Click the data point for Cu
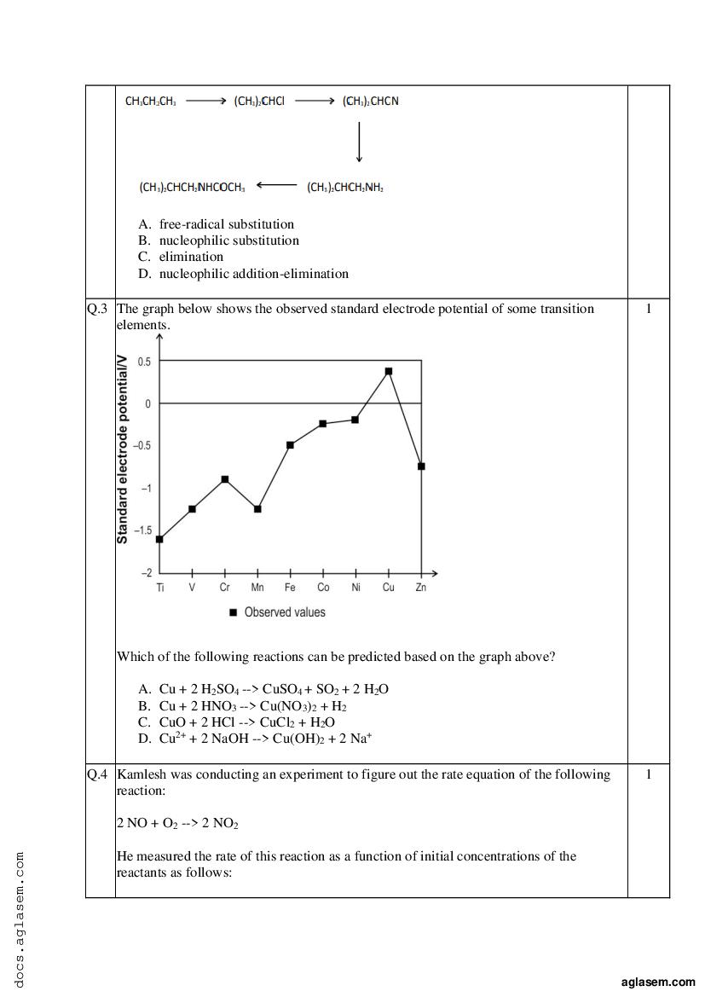[x=389, y=371]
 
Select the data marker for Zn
[x=421, y=467]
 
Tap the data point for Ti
[x=159, y=539]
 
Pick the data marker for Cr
[x=225, y=479]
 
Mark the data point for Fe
[x=291, y=444]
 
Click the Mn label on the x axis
[x=257, y=588]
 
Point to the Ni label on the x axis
[x=355, y=588]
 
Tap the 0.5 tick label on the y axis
[x=143, y=362]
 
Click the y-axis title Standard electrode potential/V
[x=123, y=450]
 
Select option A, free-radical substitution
[x=226, y=224]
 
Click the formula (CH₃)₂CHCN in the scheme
[x=371, y=101]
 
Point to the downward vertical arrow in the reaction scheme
[x=359, y=142]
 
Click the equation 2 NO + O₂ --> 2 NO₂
[x=177, y=824]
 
